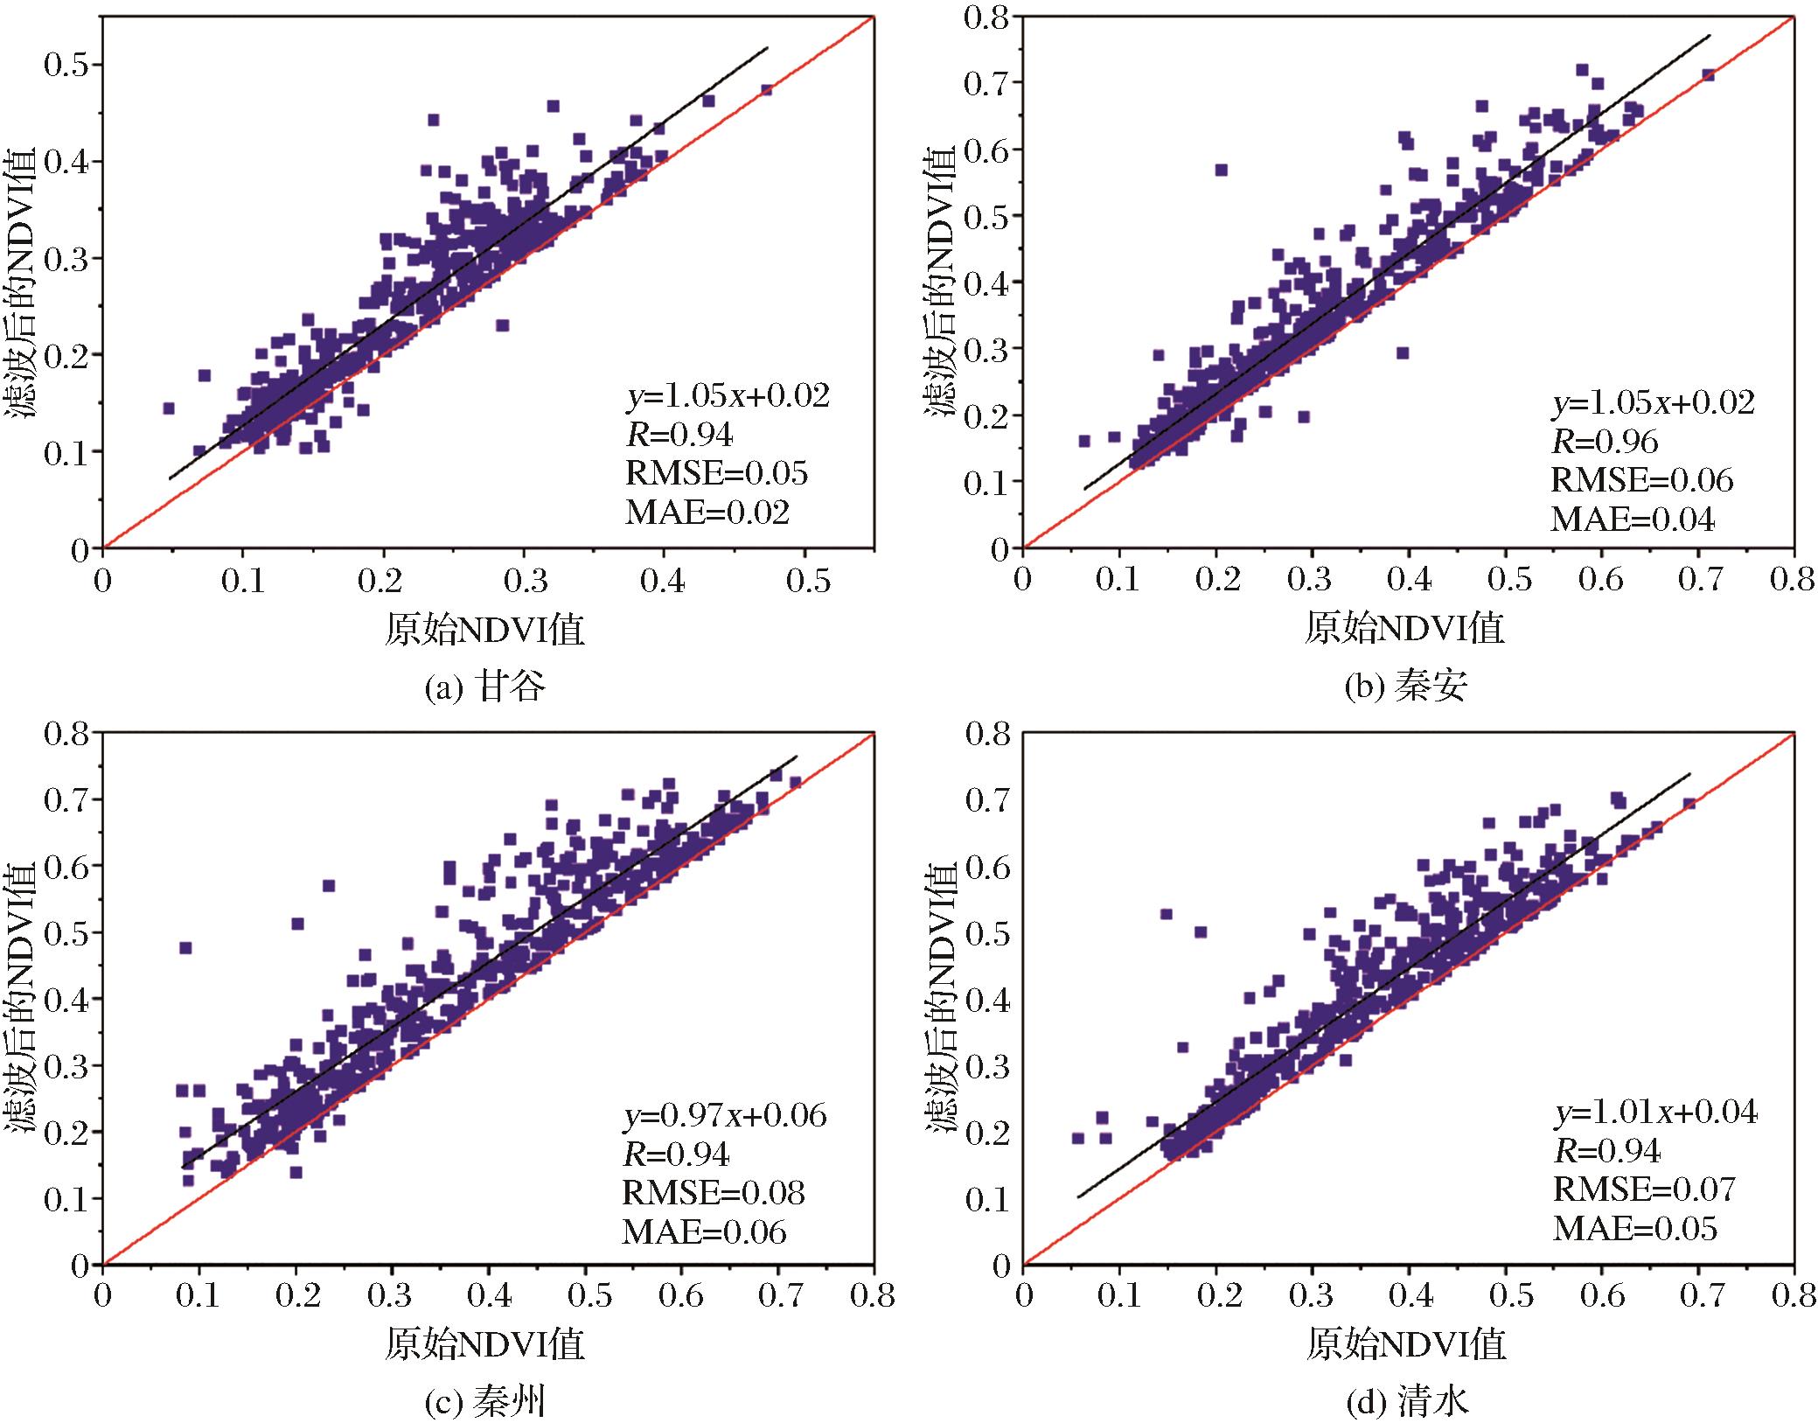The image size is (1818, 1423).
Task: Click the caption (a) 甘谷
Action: pyautogui.click(x=484, y=687)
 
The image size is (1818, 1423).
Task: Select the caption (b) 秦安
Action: pyautogui.click(x=1405, y=687)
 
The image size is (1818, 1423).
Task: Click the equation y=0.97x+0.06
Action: pyautogui.click(x=724, y=1115)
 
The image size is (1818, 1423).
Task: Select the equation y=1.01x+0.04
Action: pyautogui.click(x=1655, y=1112)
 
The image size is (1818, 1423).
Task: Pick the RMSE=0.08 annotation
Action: pyautogui.click(x=714, y=1192)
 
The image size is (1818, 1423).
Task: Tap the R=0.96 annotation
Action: pyautogui.click(x=1605, y=442)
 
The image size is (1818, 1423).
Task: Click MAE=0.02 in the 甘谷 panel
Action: pyautogui.click(x=707, y=513)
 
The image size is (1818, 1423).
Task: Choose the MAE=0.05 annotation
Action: pyautogui.click(x=1635, y=1228)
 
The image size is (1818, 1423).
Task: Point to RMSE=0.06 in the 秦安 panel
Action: pyautogui.click(x=1642, y=480)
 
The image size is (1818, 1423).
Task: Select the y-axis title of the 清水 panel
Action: pyautogui.click(x=941, y=999)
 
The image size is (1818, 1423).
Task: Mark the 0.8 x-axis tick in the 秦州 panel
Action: pyautogui.click(x=873, y=1295)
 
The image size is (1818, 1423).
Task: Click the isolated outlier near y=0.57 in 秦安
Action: pyautogui.click(x=1222, y=170)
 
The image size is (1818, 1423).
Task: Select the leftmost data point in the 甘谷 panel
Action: pyautogui.click(x=169, y=408)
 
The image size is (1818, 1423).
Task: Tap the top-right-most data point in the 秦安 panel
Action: pyautogui.click(x=1708, y=75)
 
